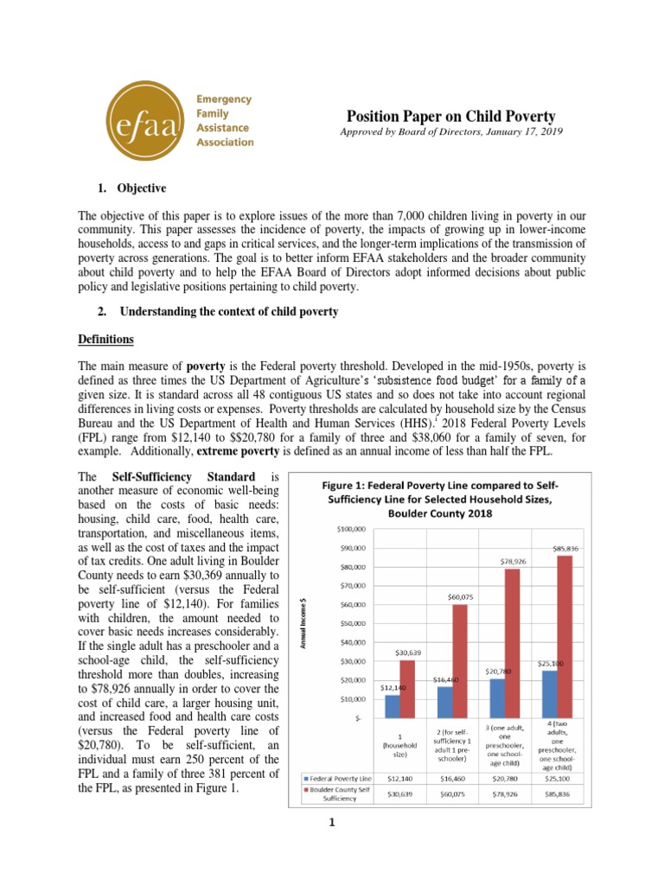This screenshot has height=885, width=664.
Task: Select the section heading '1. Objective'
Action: coord(129,188)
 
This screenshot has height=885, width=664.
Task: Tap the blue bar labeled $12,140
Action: coord(393,706)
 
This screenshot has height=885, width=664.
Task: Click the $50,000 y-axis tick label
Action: coord(353,623)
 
